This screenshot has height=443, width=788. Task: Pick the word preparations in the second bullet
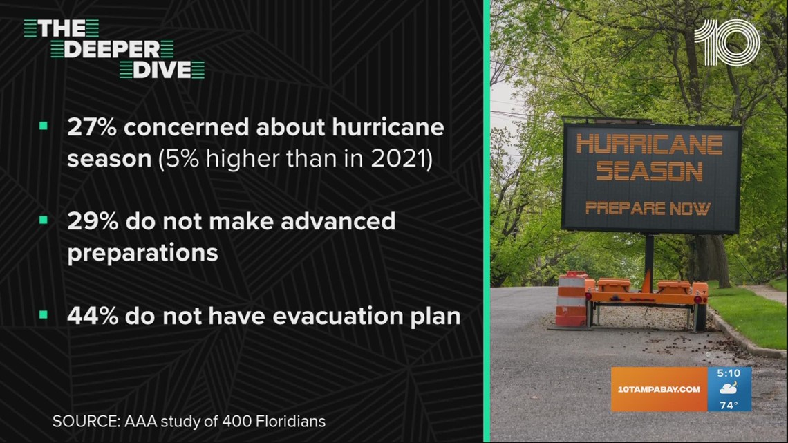pyautogui.click(x=142, y=253)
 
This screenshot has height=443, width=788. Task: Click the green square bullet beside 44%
pyautogui.click(x=44, y=315)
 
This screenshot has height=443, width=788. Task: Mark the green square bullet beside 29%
pyautogui.click(x=44, y=220)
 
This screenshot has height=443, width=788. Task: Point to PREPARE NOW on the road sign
pyautogui.click(x=648, y=207)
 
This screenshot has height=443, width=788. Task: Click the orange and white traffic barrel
pyautogui.click(x=572, y=300)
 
